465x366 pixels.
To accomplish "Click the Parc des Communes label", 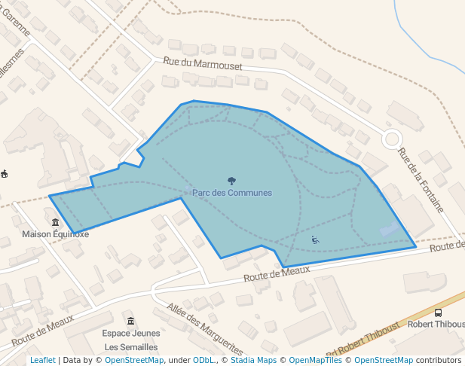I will click(231, 193).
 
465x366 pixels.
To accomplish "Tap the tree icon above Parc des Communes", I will click(231, 181).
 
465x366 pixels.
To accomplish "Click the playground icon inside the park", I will click(315, 240).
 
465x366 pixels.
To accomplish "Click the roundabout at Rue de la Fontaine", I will click(392, 139).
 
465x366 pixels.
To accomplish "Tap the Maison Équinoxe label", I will click(55, 234).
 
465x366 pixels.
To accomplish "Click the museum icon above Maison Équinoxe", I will click(55, 222).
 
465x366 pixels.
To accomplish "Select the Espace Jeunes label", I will click(131, 334).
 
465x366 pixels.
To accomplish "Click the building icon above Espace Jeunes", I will click(131, 322).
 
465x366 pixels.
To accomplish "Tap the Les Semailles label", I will click(131, 347).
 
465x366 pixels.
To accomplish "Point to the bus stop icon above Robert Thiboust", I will click(439, 313).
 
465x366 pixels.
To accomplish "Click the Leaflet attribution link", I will click(42, 361).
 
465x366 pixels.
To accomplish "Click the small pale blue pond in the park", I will click(389, 229).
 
